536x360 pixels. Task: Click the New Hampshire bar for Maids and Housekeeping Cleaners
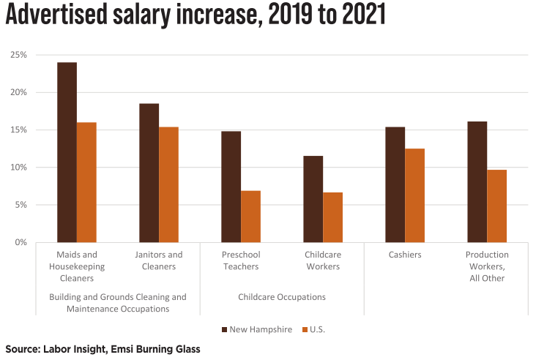[x=67, y=152]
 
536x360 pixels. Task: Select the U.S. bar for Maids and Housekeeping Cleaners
[x=86, y=182]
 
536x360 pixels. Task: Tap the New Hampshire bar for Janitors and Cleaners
[x=149, y=173]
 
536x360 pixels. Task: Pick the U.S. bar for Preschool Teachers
[x=250, y=217]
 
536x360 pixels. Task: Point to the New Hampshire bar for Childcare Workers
[x=313, y=199]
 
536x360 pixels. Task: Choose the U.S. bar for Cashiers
[x=414, y=195]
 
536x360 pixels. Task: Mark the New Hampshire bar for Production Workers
[x=477, y=181]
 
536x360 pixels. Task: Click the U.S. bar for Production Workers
[x=496, y=206]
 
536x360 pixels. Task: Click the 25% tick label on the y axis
[x=18, y=55]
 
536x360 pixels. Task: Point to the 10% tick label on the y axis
[x=18, y=168]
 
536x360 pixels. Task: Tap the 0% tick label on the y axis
[x=21, y=242]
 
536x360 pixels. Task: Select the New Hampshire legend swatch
[x=224, y=329]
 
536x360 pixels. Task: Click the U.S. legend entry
[x=314, y=329]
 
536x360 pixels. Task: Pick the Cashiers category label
[x=404, y=255]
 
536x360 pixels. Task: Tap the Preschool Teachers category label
[x=241, y=260]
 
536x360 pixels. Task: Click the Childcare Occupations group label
[x=282, y=297]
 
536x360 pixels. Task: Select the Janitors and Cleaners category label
[x=159, y=260]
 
